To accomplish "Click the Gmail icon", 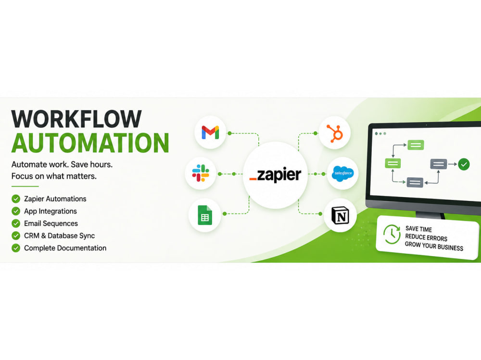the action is click(210, 133).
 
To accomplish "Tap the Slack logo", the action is click(201, 173).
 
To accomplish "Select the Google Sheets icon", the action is click(205, 215).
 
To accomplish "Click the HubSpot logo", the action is click(335, 134).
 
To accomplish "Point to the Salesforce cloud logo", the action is click(343, 174).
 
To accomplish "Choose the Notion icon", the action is click(341, 215).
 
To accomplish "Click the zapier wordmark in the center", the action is click(275, 175).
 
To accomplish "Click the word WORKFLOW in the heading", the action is click(76, 119).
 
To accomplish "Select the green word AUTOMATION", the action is click(90, 143).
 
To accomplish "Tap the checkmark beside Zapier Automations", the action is click(16, 199).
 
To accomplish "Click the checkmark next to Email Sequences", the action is click(16, 223).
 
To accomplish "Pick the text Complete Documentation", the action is click(65, 248).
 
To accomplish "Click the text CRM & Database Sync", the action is click(60, 236).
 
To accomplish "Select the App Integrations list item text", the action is click(51, 211).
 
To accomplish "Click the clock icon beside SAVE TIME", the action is click(392, 234).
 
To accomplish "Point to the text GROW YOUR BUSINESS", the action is click(434, 246).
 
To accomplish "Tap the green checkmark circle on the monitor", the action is click(464, 164).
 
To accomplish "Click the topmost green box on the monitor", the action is click(416, 145).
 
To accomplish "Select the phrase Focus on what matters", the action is click(54, 176).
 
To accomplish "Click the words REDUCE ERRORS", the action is click(426, 237).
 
